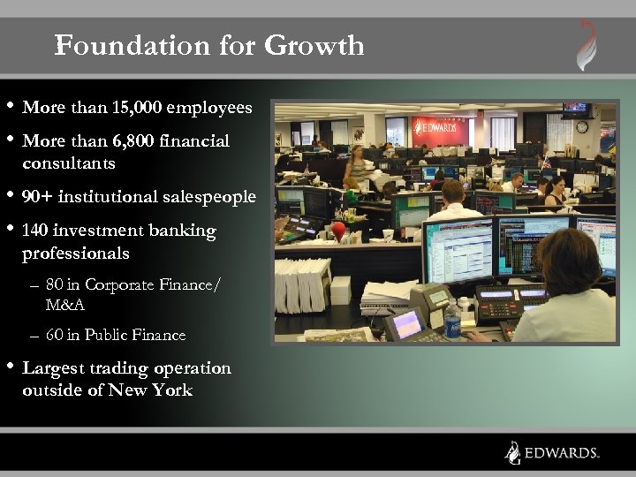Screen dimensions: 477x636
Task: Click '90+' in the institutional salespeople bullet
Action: click(38, 197)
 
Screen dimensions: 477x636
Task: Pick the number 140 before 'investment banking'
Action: click(34, 231)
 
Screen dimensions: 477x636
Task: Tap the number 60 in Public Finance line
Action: click(55, 335)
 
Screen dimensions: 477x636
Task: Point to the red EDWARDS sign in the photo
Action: click(438, 129)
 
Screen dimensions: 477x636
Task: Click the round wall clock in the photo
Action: click(582, 126)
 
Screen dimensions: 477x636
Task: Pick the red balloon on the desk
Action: click(338, 231)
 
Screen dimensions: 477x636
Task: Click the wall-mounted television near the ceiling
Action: click(576, 108)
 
